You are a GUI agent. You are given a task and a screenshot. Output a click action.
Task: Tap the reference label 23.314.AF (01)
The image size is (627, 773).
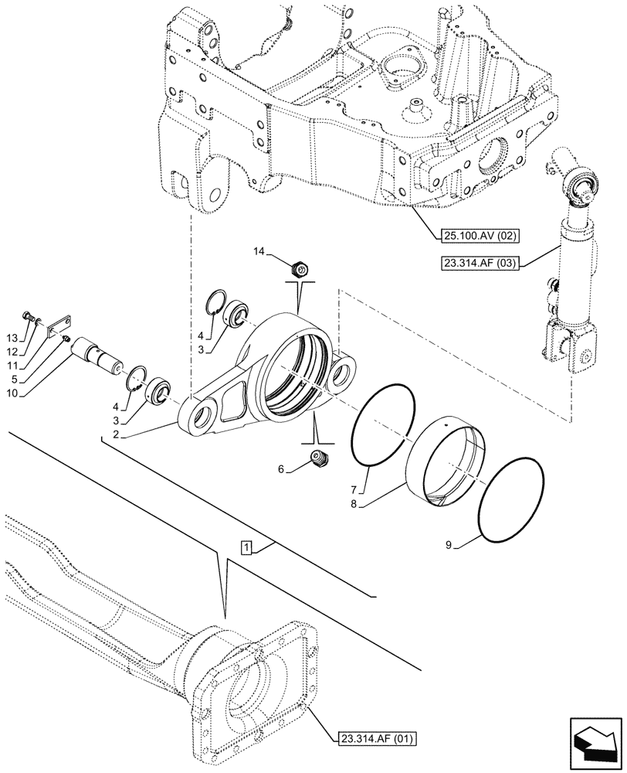pos(376,739)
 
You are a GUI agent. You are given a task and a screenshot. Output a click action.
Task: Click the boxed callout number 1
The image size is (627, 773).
pos(246,547)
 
